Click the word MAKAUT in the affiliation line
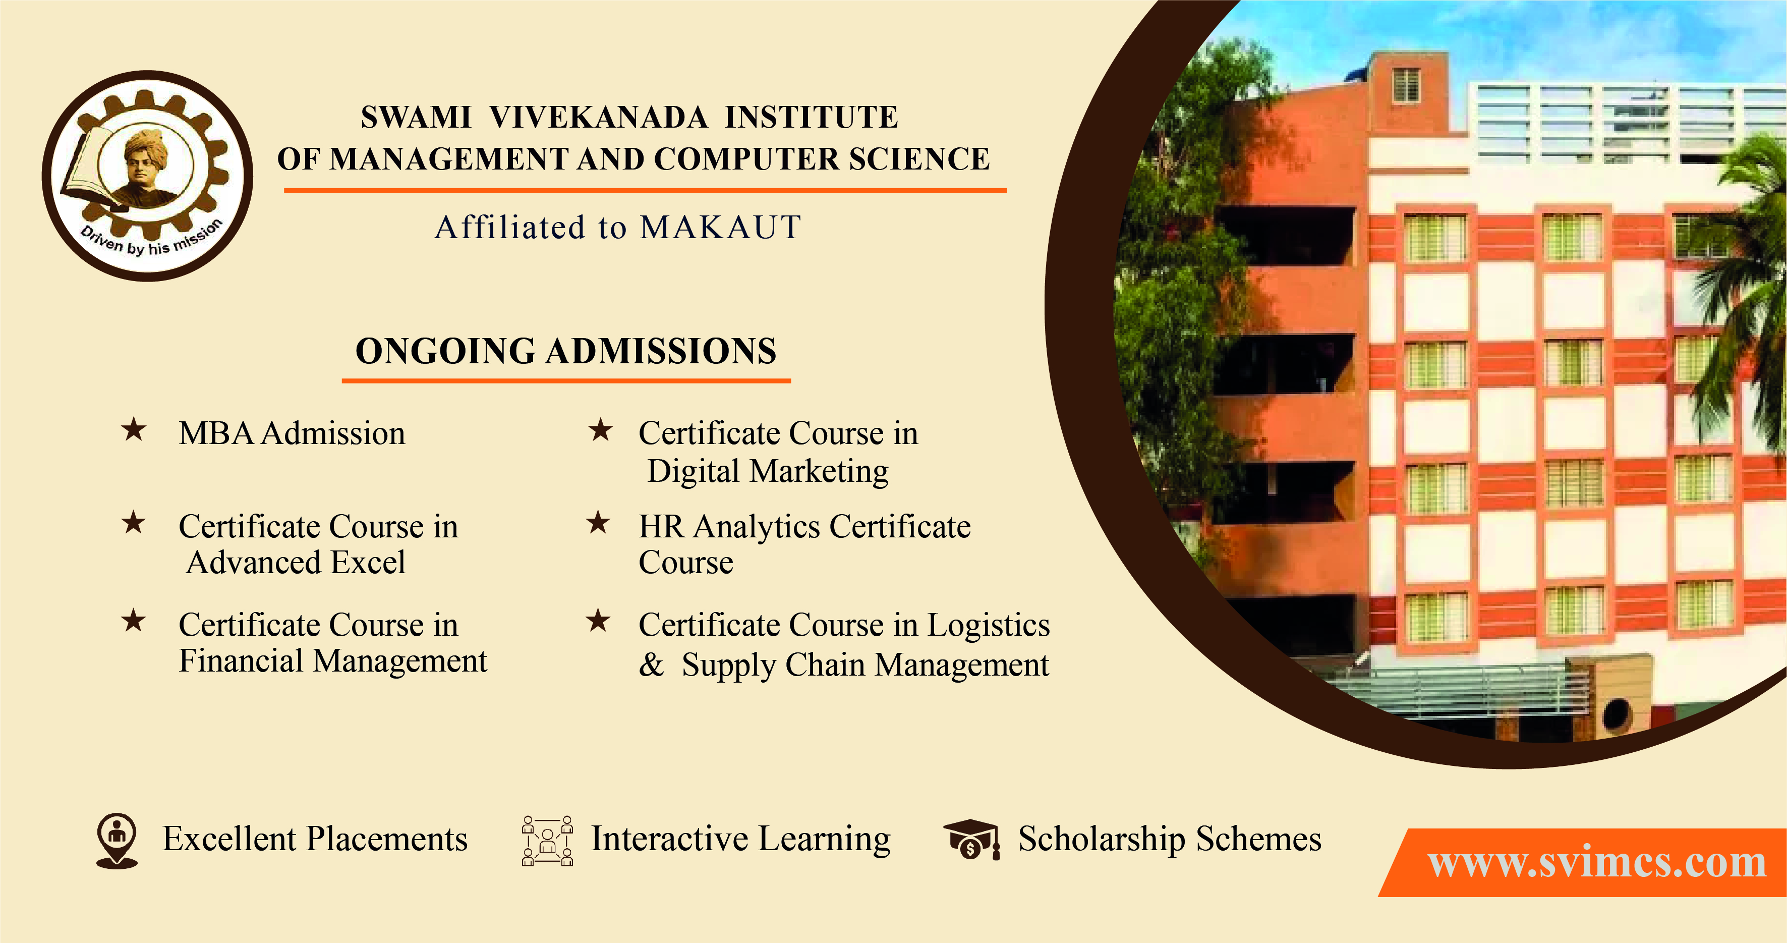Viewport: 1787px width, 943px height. pyautogui.click(x=720, y=228)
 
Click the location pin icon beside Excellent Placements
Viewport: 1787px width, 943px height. pyautogui.click(x=117, y=840)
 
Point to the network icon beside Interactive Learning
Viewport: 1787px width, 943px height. pyautogui.click(x=547, y=840)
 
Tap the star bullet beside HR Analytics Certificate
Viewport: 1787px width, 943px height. pyautogui.click(x=598, y=523)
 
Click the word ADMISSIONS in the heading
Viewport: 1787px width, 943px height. pyautogui.click(x=660, y=351)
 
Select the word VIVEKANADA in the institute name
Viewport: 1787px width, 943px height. pyautogui.click(x=598, y=117)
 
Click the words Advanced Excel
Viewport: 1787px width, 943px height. pyautogui.click(x=296, y=563)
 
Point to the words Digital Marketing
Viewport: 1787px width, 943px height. pyautogui.click(x=768, y=471)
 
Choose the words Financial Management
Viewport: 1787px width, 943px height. pyautogui.click(x=333, y=660)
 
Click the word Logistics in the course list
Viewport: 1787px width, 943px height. pyautogui.click(x=989, y=626)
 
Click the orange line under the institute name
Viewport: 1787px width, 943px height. pyautogui.click(x=645, y=189)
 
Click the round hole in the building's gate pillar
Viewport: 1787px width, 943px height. pyautogui.click(x=1617, y=713)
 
